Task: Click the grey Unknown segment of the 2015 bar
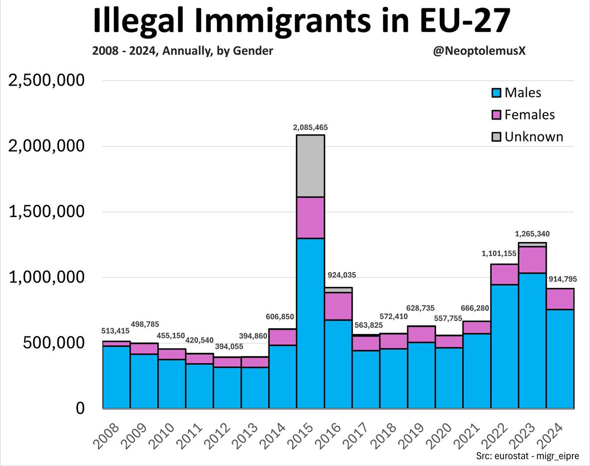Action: (310, 166)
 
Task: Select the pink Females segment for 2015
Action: (310, 217)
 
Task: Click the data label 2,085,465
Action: (310, 127)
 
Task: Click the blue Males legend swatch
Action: (496, 93)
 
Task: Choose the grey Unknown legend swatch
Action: (496, 137)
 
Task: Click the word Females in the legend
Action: (530, 115)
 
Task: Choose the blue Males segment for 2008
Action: (116, 376)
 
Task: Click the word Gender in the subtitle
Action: (254, 51)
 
